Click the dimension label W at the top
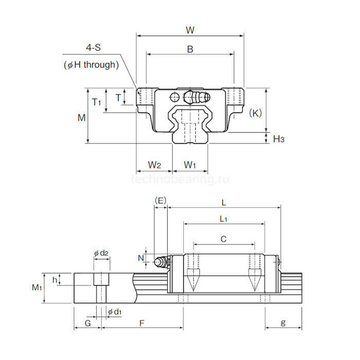tap(190, 30)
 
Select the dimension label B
tap(190, 50)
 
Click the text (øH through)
tap(91, 65)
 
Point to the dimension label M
tap(81, 118)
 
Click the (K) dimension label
tap(255, 112)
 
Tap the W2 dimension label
tap(154, 165)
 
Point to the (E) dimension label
tap(160, 200)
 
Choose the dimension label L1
tap(223, 219)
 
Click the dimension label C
tap(223, 239)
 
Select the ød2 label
tap(101, 253)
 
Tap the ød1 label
tap(114, 312)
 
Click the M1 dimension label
tap(37, 287)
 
